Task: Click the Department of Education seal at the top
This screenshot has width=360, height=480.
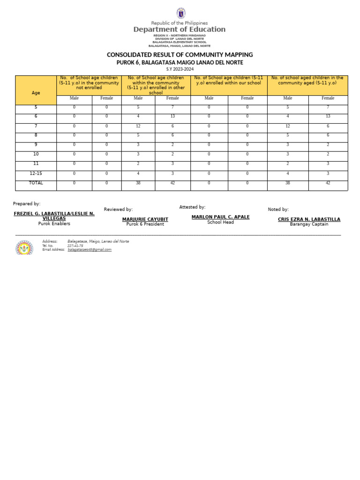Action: tap(180, 14)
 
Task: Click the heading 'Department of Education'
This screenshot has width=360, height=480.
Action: tap(180, 29)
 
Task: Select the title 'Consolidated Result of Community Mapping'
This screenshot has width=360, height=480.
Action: tap(180, 55)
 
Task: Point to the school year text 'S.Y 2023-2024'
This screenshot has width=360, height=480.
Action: tap(180, 69)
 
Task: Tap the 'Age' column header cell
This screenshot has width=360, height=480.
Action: tap(36, 93)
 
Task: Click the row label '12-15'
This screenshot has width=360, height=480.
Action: tap(36, 173)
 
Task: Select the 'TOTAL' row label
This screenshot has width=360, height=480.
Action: tap(36, 183)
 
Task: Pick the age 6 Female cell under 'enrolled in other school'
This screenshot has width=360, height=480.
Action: tap(172, 116)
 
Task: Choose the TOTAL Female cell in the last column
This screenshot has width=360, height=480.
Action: tap(328, 183)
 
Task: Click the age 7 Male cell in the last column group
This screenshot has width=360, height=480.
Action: tap(288, 126)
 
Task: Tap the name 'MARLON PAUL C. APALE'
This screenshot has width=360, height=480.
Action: tap(220, 217)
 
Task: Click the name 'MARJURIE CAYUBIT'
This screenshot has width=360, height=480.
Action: tap(145, 219)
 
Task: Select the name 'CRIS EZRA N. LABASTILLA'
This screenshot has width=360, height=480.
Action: tap(309, 219)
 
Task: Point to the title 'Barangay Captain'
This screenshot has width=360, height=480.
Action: tap(309, 224)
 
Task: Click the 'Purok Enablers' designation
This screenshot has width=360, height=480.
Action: tap(54, 224)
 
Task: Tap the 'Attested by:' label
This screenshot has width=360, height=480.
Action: tap(192, 207)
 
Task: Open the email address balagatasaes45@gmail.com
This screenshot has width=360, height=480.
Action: tap(90, 250)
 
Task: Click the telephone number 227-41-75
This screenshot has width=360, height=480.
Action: tap(75, 246)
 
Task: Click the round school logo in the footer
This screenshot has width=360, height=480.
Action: tap(24, 247)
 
